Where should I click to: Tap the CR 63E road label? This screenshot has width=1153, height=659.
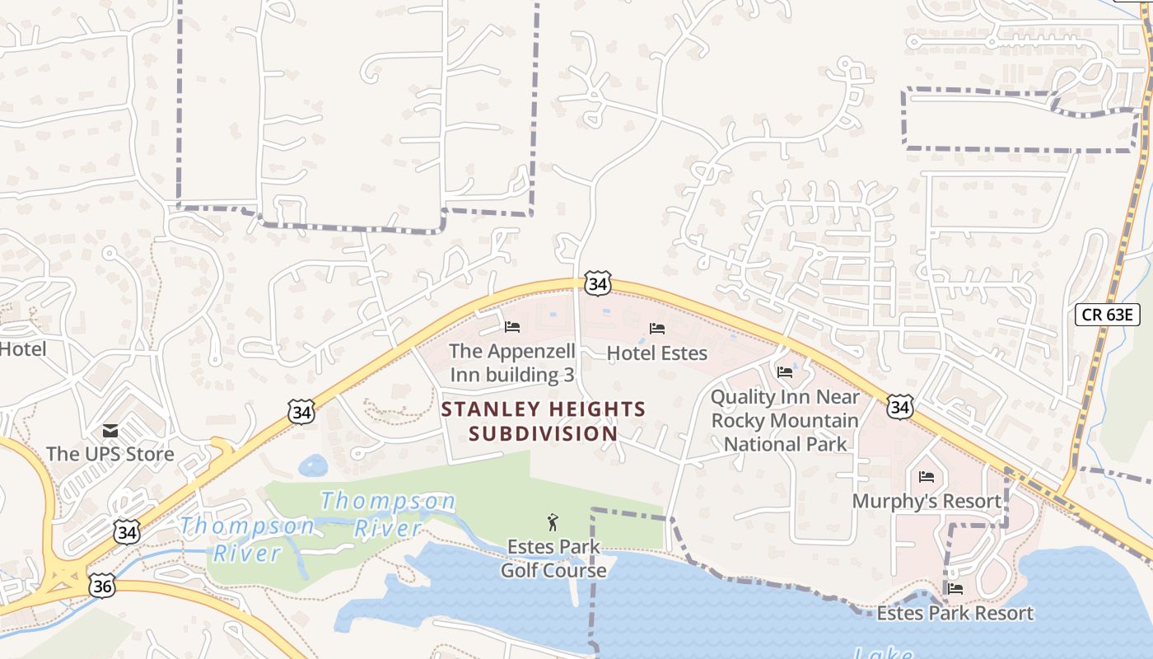click(x=1107, y=314)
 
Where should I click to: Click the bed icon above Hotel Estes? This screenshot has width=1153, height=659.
click(x=656, y=329)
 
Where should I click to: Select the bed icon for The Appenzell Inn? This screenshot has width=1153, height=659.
click(x=512, y=327)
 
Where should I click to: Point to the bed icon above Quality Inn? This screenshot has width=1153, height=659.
click(x=785, y=372)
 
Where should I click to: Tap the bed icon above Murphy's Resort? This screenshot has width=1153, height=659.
click(x=927, y=477)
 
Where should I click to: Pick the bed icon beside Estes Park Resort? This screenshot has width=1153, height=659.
click(x=955, y=589)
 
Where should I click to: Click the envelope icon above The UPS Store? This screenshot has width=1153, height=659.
click(x=110, y=431)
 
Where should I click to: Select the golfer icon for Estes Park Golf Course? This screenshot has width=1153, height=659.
click(x=553, y=522)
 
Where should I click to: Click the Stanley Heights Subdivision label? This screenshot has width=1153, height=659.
click(x=544, y=421)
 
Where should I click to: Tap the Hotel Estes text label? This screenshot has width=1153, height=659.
click(x=656, y=353)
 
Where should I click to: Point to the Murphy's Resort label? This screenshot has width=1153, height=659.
click(x=927, y=501)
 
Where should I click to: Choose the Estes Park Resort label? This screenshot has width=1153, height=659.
click(x=955, y=613)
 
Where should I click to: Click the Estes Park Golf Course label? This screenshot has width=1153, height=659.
click(x=553, y=559)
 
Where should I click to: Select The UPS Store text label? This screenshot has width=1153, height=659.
click(x=110, y=454)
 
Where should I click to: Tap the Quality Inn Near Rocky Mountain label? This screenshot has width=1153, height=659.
click(x=785, y=420)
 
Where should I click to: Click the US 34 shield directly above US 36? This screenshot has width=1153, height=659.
click(x=126, y=532)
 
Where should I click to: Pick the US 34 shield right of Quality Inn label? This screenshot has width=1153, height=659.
click(x=900, y=407)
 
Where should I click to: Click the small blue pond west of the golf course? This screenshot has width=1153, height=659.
click(x=313, y=465)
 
